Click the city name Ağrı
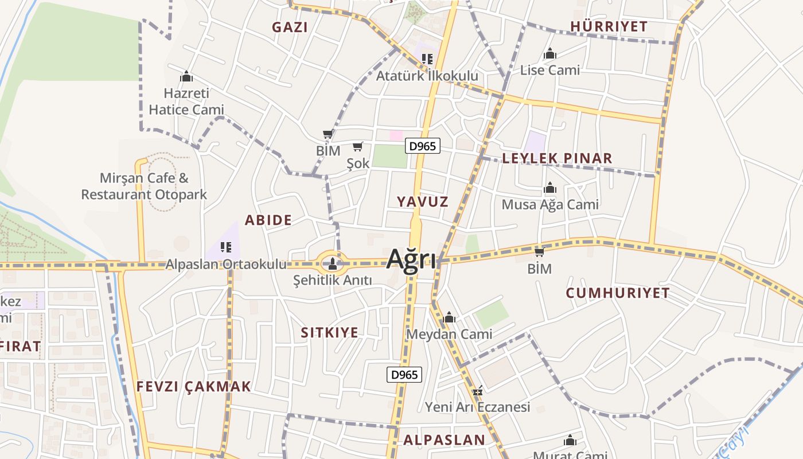click(411, 259)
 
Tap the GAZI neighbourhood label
click(290, 27)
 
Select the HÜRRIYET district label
click(609, 26)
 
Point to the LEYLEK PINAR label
click(557, 158)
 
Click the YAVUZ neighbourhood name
click(423, 201)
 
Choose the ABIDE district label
click(268, 220)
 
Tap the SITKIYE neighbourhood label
click(330, 333)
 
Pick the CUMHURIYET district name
click(618, 293)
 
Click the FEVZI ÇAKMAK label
click(194, 386)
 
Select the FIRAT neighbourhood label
click(21, 346)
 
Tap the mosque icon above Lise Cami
click(550, 54)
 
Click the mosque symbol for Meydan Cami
click(449, 317)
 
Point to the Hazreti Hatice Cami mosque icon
click(186, 76)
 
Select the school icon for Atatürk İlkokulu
click(427, 59)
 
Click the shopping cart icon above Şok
click(358, 147)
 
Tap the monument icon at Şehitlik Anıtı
click(332, 264)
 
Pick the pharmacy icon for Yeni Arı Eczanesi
click(477, 391)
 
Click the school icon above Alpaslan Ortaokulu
click(226, 247)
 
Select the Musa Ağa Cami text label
click(550, 204)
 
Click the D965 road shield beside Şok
click(423, 146)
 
